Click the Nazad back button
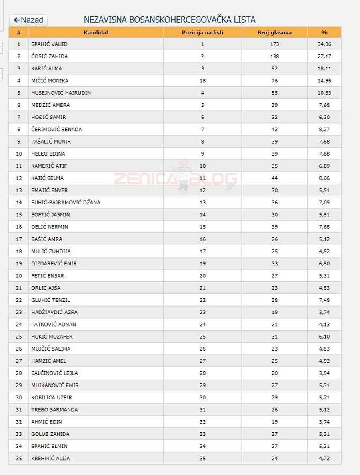28,20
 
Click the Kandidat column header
96,32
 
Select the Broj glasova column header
274,32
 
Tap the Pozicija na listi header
202,32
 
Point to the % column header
324,32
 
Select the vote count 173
274,44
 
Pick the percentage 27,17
324,56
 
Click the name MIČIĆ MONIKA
50,81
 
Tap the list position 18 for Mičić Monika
202,81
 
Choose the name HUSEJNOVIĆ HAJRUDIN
61,93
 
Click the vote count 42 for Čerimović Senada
274,129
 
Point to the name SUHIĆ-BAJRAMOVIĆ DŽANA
66,202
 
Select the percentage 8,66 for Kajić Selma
324,178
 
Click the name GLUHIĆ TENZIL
50,300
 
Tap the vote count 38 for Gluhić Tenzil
274,300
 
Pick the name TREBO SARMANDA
54,409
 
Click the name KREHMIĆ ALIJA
50,458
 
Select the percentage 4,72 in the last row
324,458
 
